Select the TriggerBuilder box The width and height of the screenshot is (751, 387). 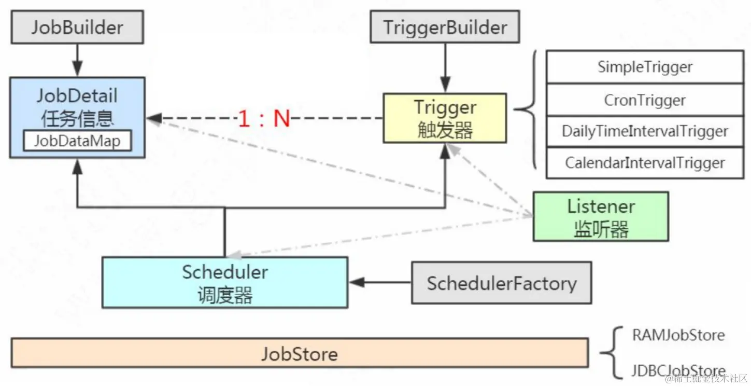445,27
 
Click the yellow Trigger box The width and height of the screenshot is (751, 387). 445,118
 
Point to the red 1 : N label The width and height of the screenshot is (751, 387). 264,119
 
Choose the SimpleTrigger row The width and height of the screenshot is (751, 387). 645,67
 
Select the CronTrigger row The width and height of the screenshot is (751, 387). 645,100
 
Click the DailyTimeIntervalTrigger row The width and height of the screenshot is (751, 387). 645,131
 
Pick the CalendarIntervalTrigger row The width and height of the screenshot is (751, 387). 645,163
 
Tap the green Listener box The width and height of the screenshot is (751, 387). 601,216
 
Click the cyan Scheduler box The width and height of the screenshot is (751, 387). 224,282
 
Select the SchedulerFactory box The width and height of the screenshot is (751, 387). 501,283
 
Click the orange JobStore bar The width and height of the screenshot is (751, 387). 299,353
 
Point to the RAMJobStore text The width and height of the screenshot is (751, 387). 678,335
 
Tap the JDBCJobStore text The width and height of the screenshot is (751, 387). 678,370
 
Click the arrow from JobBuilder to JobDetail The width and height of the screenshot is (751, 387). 77,60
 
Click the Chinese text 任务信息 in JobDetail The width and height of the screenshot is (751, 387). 77,119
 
